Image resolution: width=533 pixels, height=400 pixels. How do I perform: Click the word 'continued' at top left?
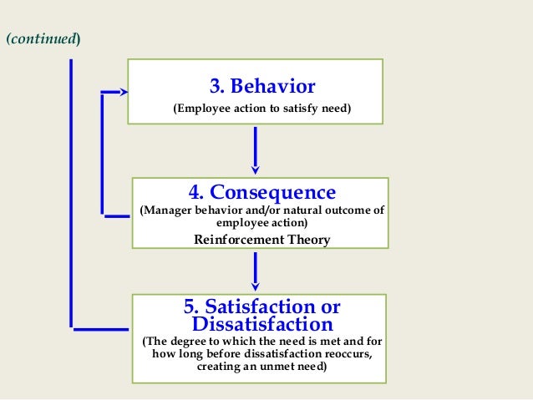tap(43, 39)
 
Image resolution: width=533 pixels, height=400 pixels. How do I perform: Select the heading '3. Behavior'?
tap(261, 86)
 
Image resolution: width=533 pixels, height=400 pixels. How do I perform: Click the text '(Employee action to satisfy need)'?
tap(261, 109)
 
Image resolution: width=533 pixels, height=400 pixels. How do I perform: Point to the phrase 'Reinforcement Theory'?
tap(261, 240)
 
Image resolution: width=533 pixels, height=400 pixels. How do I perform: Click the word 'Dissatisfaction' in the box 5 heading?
tap(261, 323)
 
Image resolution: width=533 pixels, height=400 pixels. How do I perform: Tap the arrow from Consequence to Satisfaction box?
tap(255, 271)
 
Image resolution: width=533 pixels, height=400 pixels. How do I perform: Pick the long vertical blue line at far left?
tap(72, 192)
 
